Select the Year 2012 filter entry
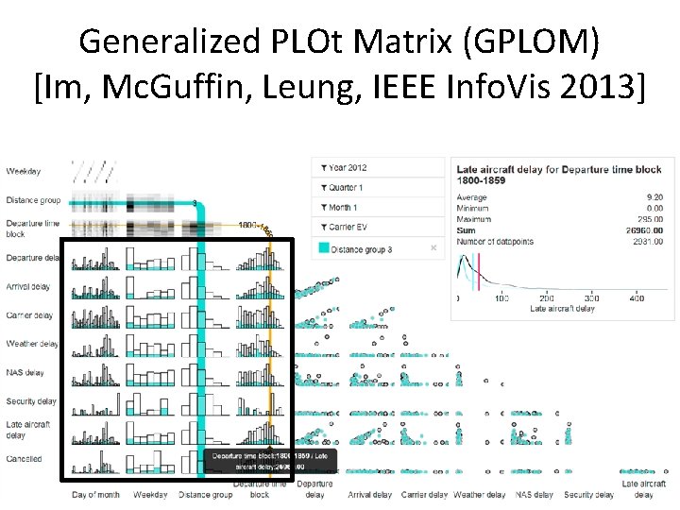click(x=348, y=167)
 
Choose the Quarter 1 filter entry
click(x=348, y=187)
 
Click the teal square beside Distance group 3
click(x=324, y=249)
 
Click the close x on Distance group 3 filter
click(x=433, y=248)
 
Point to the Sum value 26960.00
click(x=644, y=230)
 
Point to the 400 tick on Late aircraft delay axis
click(x=637, y=298)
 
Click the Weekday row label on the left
click(x=24, y=171)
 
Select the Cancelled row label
click(x=24, y=459)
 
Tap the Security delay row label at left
click(x=30, y=401)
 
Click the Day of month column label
click(x=96, y=494)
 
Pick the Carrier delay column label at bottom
click(x=424, y=494)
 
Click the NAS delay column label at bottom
click(x=534, y=494)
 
